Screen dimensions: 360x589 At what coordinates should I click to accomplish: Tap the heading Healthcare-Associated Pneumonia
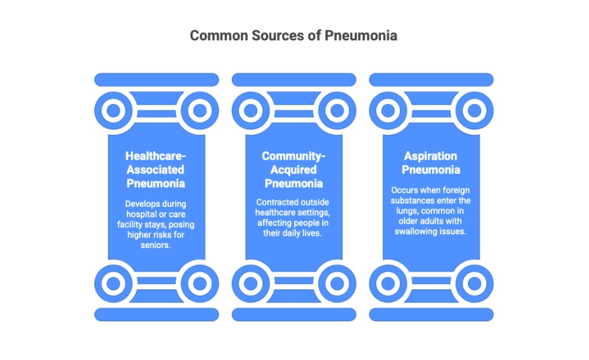pyautogui.click(x=156, y=169)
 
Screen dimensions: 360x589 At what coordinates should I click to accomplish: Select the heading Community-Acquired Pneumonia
pyautogui.click(x=294, y=169)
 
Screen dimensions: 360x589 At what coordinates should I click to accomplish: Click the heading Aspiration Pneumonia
pyautogui.click(x=431, y=163)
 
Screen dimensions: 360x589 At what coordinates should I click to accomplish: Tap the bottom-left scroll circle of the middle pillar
pyautogui.click(x=251, y=283)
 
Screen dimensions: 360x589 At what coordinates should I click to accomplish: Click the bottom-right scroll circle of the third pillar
pyautogui.click(x=474, y=283)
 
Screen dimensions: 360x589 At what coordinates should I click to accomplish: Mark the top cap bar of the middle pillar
pyautogui.click(x=294, y=79)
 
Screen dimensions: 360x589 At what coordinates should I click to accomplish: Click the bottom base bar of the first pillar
pyautogui.click(x=156, y=314)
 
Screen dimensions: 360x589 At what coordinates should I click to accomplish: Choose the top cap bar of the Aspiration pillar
pyautogui.click(x=431, y=79)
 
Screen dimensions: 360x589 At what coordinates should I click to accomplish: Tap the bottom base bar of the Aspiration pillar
pyautogui.click(x=431, y=314)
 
